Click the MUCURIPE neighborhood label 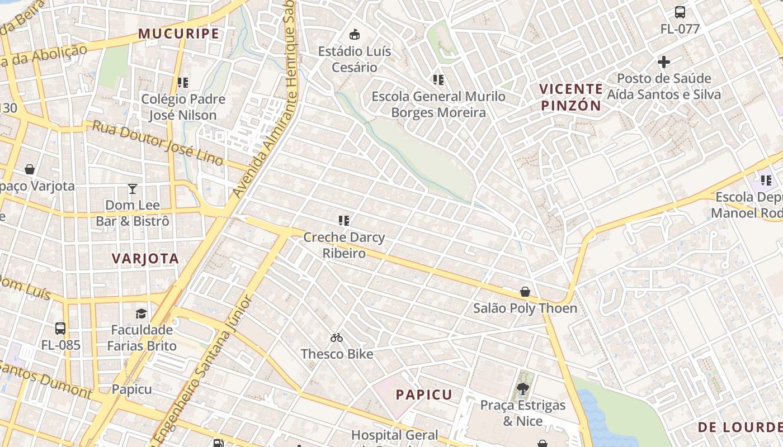178,34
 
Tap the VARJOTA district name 145,258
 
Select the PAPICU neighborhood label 424,394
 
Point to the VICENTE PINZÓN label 570,97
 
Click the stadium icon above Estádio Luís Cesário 354,35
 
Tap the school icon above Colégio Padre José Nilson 182,83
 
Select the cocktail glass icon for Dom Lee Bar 133,189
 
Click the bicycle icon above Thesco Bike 337,337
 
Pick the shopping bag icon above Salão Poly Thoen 525,292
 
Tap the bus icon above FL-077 680,12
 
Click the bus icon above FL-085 60,329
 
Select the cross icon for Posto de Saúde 664,61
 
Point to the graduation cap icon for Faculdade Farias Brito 141,313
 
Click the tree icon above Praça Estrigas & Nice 523,388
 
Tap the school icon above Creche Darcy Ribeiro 344,221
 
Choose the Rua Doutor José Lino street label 158,143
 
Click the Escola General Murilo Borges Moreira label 438,104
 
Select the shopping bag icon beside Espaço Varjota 30,169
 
